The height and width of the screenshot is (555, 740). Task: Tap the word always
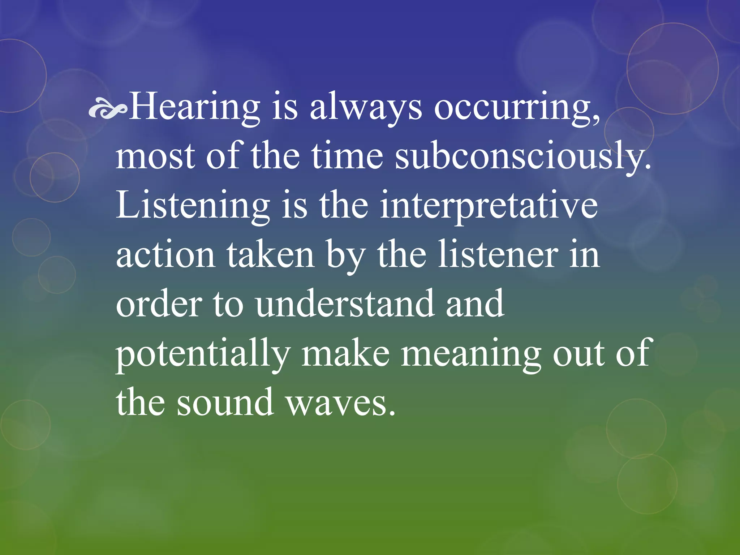coord(366,107)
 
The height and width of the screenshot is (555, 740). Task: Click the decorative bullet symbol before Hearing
coord(108,110)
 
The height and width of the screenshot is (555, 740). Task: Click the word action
coord(165,255)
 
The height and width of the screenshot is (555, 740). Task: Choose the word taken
coord(271,254)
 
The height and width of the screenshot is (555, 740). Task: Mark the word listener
coord(499,254)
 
